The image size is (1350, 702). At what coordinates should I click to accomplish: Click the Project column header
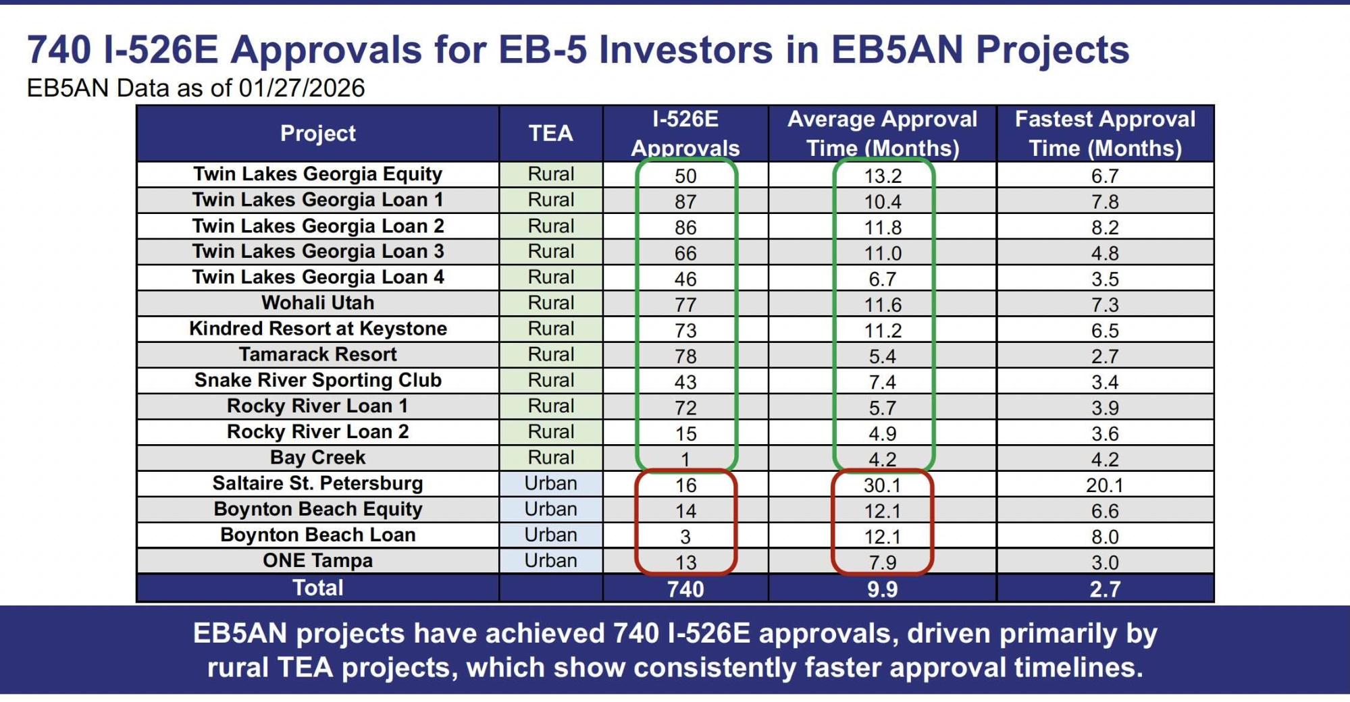[x=317, y=134]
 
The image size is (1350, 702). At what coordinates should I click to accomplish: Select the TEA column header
[x=550, y=134]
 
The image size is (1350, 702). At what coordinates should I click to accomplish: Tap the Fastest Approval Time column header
[x=1105, y=134]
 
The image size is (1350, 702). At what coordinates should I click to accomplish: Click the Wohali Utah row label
[x=317, y=303]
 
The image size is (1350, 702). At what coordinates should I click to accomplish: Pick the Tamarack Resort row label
[x=317, y=354]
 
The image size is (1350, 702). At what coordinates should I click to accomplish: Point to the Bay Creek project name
[x=317, y=458]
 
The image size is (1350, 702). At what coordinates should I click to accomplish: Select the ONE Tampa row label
[x=317, y=561]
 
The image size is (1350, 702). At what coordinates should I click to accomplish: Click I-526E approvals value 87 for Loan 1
[x=685, y=202]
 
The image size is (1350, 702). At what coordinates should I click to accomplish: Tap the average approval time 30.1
[x=883, y=485]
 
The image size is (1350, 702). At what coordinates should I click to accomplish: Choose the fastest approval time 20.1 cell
[x=1105, y=485]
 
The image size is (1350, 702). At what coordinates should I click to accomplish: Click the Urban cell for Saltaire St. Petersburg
[x=550, y=483]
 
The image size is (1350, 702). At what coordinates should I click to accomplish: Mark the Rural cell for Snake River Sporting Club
[x=550, y=381]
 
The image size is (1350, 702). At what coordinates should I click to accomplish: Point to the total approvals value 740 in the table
[x=685, y=589]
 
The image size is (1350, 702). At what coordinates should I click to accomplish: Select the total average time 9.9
[x=883, y=589]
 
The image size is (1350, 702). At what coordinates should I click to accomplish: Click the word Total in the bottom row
[x=317, y=588]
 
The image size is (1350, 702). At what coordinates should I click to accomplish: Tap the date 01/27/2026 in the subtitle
[x=301, y=88]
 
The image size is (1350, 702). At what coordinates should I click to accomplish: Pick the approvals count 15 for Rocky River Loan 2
[x=685, y=433]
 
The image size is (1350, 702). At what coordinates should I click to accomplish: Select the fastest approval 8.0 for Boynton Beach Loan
[x=1105, y=537]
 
